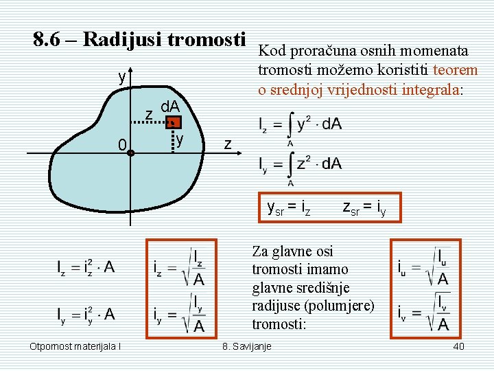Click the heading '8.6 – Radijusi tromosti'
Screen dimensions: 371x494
(139, 40)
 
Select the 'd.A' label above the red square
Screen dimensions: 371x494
(169, 106)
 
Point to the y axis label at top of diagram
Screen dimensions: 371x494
(121, 77)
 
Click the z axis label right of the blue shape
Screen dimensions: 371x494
(229, 144)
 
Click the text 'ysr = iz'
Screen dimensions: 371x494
(289, 205)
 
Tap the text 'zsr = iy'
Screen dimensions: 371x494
(364, 205)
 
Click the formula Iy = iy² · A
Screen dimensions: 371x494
(86, 315)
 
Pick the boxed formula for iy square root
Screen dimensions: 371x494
(180, 313)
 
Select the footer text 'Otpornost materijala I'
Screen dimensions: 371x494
(75, 346)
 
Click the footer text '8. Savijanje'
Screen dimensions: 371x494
(246, 346)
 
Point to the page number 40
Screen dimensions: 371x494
(458, 346)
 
